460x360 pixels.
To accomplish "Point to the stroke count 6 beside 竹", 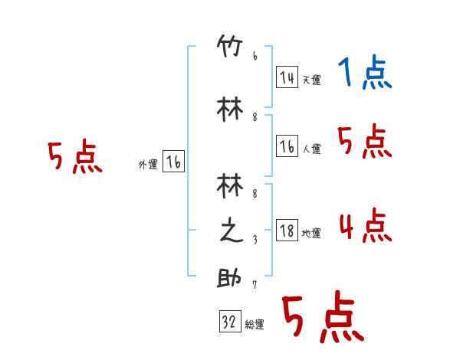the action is (255, 56).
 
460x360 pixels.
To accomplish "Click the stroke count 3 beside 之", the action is (255, 240).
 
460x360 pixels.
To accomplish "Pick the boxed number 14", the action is (287, 77).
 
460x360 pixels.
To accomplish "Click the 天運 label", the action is (311, 80).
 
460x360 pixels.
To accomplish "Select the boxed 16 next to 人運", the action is (287, 147).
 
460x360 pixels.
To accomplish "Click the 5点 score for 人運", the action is (365, 142).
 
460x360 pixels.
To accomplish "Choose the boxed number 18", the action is (287, 231).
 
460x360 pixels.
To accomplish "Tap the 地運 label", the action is (311, 233).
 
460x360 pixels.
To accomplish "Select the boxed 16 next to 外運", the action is (174, 162).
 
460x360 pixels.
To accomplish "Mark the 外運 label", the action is (148, 164).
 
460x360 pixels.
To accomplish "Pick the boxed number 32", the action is (228, 322).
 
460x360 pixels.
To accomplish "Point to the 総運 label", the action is (255, 325).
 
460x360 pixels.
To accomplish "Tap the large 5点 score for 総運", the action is (322, 317).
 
